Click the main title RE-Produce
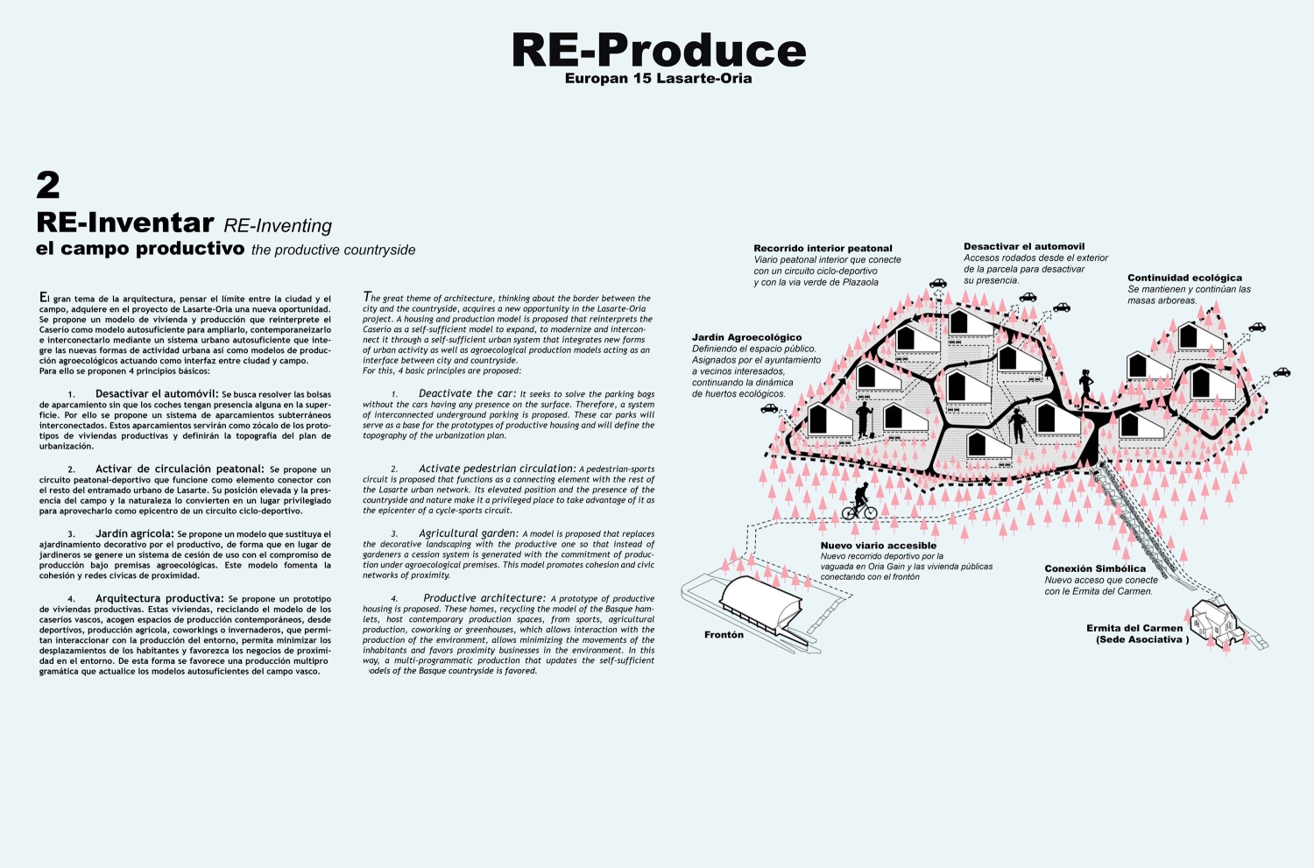[659, 50]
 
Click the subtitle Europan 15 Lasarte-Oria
[658, 79]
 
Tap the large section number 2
[48, 186]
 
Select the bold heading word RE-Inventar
[125, 222]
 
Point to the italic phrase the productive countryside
[333, 251]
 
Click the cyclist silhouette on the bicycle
[859, 502]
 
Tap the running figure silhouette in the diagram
[1087, 389]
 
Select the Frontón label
[724, 635]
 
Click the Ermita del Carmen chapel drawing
[1216, 623]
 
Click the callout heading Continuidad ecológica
[1184, 278]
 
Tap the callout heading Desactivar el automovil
[1024, 247]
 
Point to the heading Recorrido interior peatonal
[823, 249]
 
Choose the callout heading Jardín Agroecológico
[746, 338]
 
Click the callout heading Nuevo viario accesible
[878, 546]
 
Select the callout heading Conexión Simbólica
[1095, 569]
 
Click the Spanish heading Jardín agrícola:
[135, 534]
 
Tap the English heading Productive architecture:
[484, 599]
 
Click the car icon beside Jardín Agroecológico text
[769, 409]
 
